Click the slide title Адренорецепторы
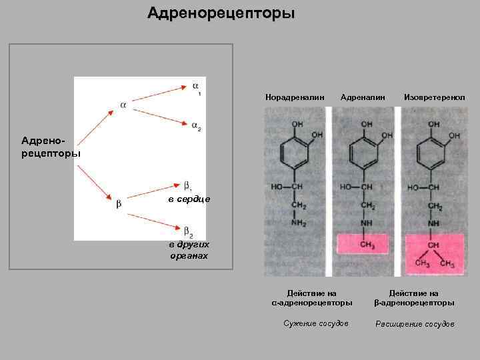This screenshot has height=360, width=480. [221, 13]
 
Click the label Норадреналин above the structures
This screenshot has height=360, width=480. [295, 97]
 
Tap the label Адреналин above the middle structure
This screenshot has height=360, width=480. [363, 97]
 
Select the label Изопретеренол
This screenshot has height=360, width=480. [434, 97]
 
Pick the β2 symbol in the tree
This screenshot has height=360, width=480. [188, 231]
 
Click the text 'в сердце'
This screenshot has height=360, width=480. [189, 199]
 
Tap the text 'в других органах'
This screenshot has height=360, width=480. [189, 250]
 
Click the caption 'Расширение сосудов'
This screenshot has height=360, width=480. [415, 324]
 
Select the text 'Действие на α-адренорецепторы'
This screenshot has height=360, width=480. [311, 297]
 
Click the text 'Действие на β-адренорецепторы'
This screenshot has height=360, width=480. [414, 297]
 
